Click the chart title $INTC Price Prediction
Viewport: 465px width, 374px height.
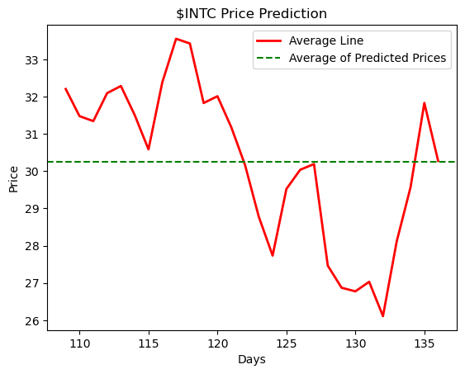(251, 14)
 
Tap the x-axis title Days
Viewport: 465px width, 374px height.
(251, 360)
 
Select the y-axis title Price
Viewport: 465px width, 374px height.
(13, 178)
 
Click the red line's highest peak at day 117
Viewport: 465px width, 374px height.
(176, 39)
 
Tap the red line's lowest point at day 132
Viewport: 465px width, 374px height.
(383, 316)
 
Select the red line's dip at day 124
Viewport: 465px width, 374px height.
(273, 255)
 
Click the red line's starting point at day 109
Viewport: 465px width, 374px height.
(65, 88)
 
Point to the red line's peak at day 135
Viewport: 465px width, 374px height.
(425, 103)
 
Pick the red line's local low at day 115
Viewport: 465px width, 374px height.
(149, 149)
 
